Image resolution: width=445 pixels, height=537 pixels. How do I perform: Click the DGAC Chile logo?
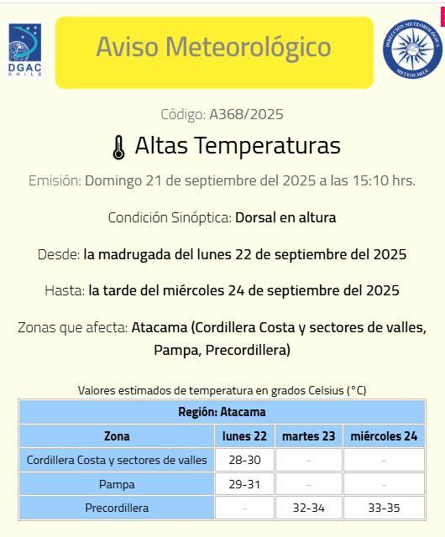[25, 50]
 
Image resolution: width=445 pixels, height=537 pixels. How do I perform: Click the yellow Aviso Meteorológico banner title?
[213, 47]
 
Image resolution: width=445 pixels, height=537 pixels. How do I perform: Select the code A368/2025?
[240, 114]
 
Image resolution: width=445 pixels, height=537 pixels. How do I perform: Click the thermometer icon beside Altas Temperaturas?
[118, 147]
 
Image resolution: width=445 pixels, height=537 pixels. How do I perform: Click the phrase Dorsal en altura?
[285, 217]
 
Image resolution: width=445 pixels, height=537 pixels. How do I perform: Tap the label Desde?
[59, 254]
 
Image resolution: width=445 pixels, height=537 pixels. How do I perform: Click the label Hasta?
[65, 290]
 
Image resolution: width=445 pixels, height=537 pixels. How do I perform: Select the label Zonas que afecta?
[72, 327]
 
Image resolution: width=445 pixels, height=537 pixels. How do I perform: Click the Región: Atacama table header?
[222, 412]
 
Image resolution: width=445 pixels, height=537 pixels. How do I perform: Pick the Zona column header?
[117, 436]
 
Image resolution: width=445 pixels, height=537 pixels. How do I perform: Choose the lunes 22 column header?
[244, 436]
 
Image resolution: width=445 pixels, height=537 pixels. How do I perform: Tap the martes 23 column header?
[308, 436]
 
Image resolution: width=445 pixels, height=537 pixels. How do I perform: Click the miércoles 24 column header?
[384, 436]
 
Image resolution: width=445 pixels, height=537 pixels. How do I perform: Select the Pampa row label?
[117, 484]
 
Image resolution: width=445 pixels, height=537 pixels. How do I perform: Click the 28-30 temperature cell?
[244, 460]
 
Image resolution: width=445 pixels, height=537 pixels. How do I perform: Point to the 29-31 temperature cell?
[244, 484]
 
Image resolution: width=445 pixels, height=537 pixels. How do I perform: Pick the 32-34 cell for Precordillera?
[308, 508]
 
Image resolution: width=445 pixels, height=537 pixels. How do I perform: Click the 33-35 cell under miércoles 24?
[384, 508]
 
